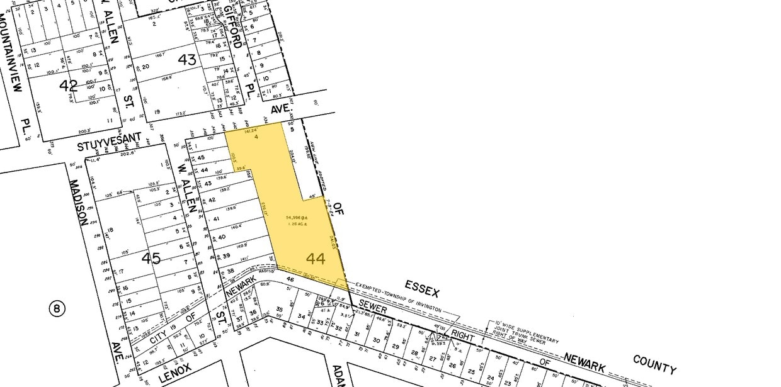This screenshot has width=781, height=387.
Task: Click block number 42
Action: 68,85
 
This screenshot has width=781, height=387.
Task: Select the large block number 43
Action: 187,60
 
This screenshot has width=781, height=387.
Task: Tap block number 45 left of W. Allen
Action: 151,258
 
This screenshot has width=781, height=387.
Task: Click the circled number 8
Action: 57,308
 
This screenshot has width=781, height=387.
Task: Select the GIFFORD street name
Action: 232,26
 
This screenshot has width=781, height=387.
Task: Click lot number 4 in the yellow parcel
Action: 257,138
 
